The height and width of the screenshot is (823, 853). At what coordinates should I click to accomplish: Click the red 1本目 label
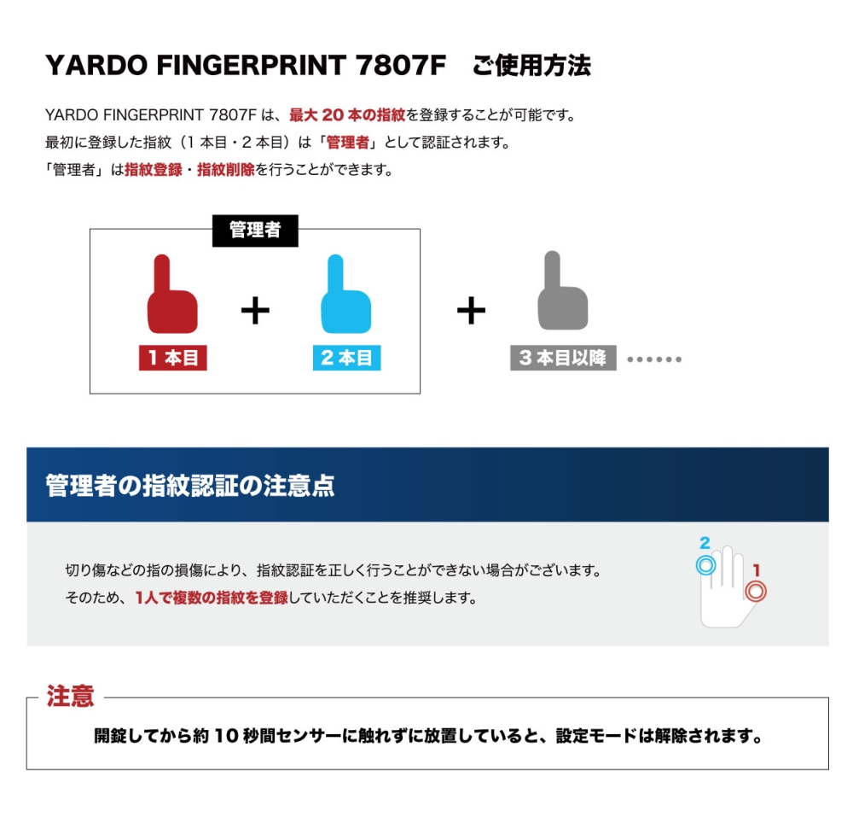tap(173, 358)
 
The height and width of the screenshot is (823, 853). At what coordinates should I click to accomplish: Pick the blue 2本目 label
tap(346, 358)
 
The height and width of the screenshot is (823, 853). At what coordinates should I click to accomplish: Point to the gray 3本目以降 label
tap(563, 358)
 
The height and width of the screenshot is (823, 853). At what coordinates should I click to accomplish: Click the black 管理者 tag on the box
tap(255, 231)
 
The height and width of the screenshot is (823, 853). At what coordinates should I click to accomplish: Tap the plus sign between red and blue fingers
tap(255, 311)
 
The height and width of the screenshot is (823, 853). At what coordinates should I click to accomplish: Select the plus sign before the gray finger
tap(471, 311)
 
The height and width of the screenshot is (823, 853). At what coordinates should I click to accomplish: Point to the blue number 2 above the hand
tap(705, 543)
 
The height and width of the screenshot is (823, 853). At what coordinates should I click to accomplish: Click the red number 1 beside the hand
tap(756, 570)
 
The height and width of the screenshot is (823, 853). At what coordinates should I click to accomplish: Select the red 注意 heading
tap(70, 696)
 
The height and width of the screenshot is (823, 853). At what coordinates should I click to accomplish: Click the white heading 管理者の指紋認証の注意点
tap(190, 485)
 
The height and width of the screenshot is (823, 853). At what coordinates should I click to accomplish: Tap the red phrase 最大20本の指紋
tap(347, 115)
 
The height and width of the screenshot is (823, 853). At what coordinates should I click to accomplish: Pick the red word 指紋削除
tap(226, 170)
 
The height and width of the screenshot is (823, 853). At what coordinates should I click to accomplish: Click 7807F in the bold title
tap(401, 65)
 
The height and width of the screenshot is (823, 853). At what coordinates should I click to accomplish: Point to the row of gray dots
tap(654, 359)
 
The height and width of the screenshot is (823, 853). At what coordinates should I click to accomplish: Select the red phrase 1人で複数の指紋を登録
tap(212, 598)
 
